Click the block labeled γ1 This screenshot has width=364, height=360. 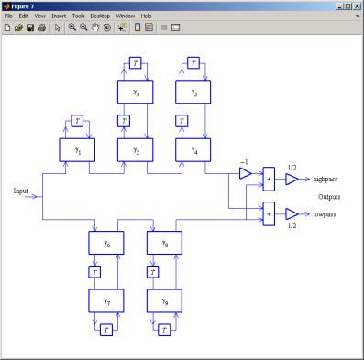pos(77,150)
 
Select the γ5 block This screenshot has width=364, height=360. pos(136,93)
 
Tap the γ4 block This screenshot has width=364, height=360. pos(193,150)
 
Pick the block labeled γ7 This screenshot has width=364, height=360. pos(106,300)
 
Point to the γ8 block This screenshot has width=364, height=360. pos(165,243)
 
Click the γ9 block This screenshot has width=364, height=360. pos(165,300)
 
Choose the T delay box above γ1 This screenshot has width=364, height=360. pos(77,121)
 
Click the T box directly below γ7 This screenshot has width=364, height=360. pos(106,329)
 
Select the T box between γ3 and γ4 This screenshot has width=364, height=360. pos(181,121)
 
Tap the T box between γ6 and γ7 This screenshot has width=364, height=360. pos(94,271)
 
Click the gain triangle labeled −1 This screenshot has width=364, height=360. pos(245,173)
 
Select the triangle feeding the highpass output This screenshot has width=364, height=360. pos(291,180)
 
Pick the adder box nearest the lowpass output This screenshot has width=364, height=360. pos(269,213)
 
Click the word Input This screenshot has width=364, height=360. pos(21,191)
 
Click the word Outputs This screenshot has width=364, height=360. pos(330,197)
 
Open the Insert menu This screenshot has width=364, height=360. pos(59,16)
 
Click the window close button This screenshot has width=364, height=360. pos(355,5)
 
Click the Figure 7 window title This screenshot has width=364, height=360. pos(25,5)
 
